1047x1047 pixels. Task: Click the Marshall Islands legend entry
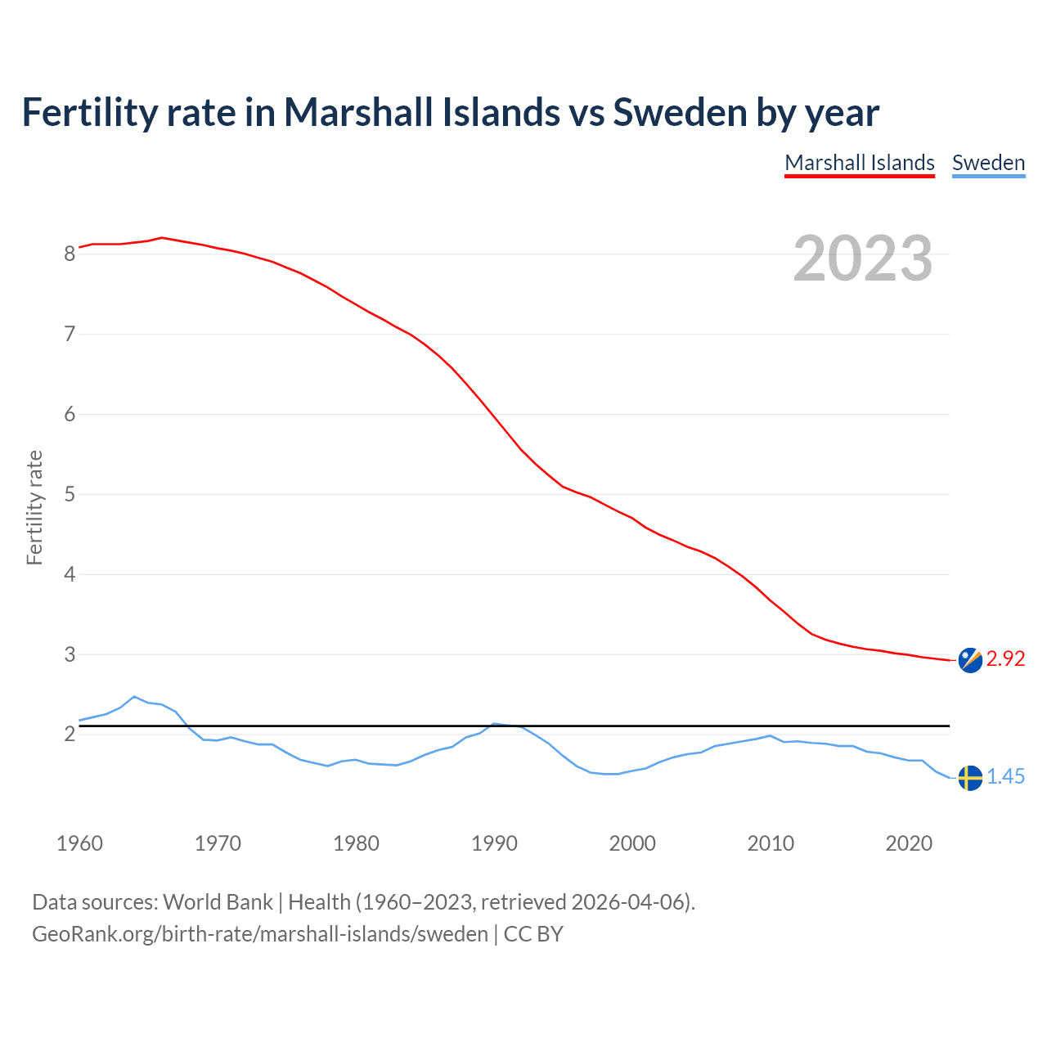pyautogui.click(x=859, y=163)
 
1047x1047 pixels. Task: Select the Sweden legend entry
pyautogui.click(x=988, y=163)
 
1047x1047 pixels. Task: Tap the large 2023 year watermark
pyautogui.click(x=863, y=258)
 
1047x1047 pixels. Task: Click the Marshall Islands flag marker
pyautogui.click(x=970, y=659)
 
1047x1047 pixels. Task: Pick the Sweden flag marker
pyautogui.click(x=970, y=777)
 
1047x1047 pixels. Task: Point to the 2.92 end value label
pyautogui.click(x=1005, y=659)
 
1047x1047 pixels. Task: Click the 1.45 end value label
pyautogui.click(x=1005, y=777)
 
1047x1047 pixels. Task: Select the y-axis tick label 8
pyautogui.click(x=70, y=254)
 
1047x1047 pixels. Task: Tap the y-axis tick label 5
pyautogui.click(x=70, y=495)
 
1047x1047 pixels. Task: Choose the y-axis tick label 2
pyautogui.click(x=70, y=735)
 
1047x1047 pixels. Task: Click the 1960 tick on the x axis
pyautogui.click(x=79, y=843)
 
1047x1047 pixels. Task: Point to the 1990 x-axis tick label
pyautogui.click(x=494, y=843)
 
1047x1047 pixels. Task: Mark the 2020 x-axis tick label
pyautogui.click(x=909, y=843)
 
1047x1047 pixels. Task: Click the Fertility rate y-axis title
pyautogui.click(x=34, y=507)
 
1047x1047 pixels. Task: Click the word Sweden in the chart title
pyautogui.click(x=680, y=112)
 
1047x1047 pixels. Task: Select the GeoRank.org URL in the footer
pyautogui.click(x=259, y=934)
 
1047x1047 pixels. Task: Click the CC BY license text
pyautogui.click(x=533, y=934)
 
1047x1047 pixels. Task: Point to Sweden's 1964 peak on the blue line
pyautogui.click(x=135, y=696)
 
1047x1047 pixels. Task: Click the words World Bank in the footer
pyautogui.click(x=218, y=902)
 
